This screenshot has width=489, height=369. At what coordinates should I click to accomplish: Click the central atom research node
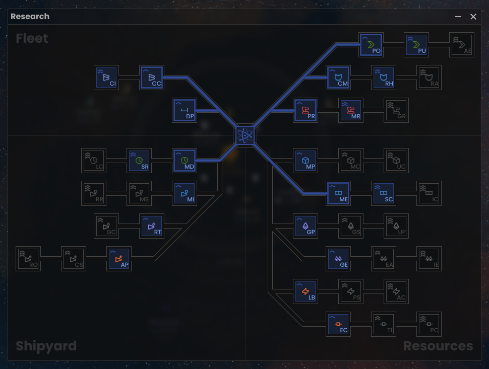click(245, 135)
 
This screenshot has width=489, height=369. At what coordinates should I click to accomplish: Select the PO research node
click(371, 45)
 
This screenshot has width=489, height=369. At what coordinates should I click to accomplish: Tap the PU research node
click(416, 45)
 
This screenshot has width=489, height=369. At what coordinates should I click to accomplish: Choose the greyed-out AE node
click(462, 45)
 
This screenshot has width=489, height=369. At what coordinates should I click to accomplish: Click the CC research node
click(151, 78)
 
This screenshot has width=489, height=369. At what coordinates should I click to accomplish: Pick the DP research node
click(184, 110)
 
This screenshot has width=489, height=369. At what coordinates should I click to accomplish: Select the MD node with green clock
click(184, 161)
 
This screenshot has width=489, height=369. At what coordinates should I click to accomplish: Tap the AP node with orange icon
click(119, 259)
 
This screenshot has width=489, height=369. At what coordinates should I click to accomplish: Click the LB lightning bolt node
click(305, 291)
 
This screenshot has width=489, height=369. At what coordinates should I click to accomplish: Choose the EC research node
click(338, 324)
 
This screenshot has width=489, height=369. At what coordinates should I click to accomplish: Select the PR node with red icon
click(305, 110)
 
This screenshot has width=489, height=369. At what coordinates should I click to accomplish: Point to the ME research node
click(338, 193)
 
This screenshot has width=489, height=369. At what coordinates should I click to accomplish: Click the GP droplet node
click(305, 226)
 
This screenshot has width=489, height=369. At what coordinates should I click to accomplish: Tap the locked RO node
click(28, 259)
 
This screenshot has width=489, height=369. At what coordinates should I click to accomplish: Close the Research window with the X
click(473, 17)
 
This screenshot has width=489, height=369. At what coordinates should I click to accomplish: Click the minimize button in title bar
click(458, 17)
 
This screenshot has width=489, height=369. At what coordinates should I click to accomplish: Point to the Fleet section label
click(32, 39)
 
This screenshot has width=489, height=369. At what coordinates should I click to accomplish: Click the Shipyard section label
click(46, 346)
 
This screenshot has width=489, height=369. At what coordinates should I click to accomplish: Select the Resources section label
click(438, 346)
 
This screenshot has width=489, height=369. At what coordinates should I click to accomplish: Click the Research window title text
click(30, 17)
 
